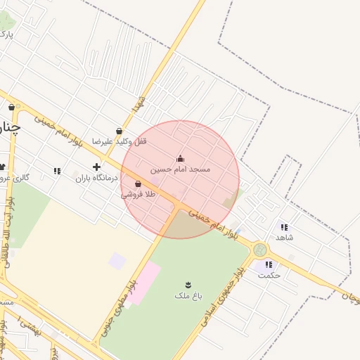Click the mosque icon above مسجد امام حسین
pos(180,158)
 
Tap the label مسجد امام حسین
pos(181,169)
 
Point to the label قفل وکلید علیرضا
pos(122,142)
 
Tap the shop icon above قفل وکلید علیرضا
pos(120,131)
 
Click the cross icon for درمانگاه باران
pos(96,167)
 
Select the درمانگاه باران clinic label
pos(94,179)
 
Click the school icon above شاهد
pos(284,226)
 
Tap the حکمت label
pos(269,275)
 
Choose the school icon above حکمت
pos(269,264)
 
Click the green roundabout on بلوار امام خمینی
pos(261,250)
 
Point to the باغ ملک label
pos(188,296)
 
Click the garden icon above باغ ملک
pos(188,284)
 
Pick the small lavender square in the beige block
pos(117,261)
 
